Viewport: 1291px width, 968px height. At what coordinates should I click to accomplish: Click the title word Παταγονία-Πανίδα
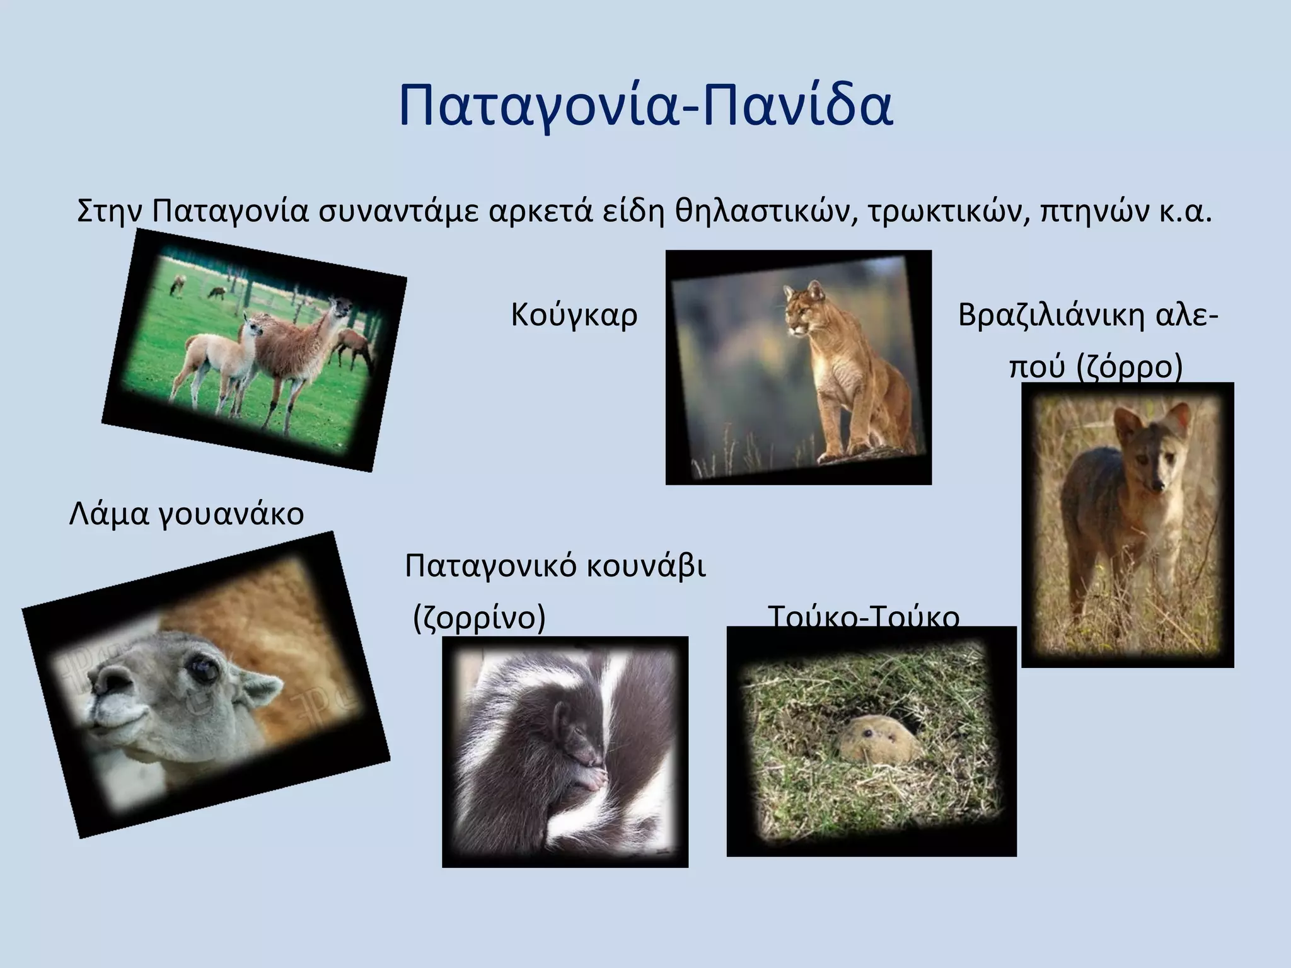coord(645,104)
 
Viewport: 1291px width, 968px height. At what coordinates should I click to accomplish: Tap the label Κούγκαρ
coord(574,314)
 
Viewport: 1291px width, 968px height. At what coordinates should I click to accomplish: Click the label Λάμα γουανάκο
coord(186,513)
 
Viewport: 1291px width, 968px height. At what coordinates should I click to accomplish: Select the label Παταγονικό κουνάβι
coord(555,565)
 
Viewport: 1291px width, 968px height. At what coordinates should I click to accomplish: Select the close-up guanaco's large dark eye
coord(203,667)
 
